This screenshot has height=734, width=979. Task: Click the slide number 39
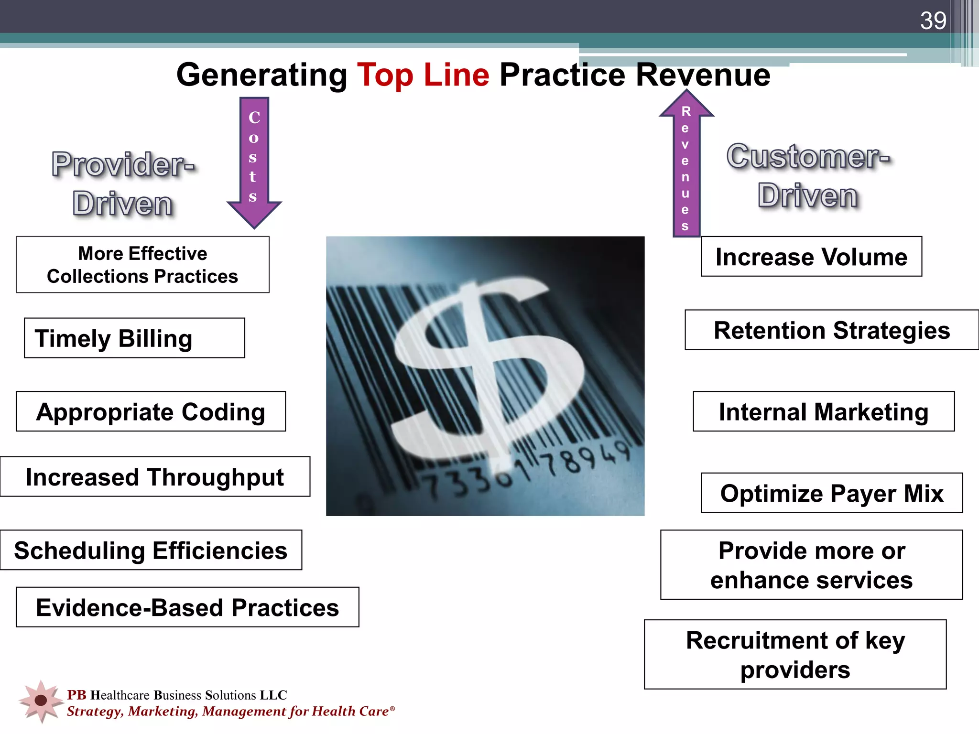(x=933, y=21)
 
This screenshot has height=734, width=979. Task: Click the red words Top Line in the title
(x=423, y=75)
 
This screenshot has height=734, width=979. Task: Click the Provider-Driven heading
(x=123, y=184)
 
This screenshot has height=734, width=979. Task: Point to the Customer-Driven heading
(x=808, y=176)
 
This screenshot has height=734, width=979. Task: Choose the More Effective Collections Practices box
(x=142, y=265)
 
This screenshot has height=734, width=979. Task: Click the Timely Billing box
(x=134, y=338)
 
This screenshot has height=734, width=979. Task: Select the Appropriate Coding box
(x=151, y=411)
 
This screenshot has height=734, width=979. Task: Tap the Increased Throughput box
(x=155, y=477)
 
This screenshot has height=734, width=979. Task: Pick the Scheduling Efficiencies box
(x=151, y=550)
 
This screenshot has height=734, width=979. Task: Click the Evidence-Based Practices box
(x=187, y=607)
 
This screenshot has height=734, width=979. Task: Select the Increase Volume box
(x=811, y=257)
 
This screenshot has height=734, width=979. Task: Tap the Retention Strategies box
(x=832, y=330)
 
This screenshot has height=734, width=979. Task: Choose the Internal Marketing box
(x=824, y=411)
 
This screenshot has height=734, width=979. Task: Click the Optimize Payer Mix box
(x=832, y=493)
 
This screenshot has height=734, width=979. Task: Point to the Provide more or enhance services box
(x=811, y=565)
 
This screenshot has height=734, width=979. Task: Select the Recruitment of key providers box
(x=795, y=655)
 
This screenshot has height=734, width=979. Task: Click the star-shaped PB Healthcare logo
(x=41, y=701)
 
